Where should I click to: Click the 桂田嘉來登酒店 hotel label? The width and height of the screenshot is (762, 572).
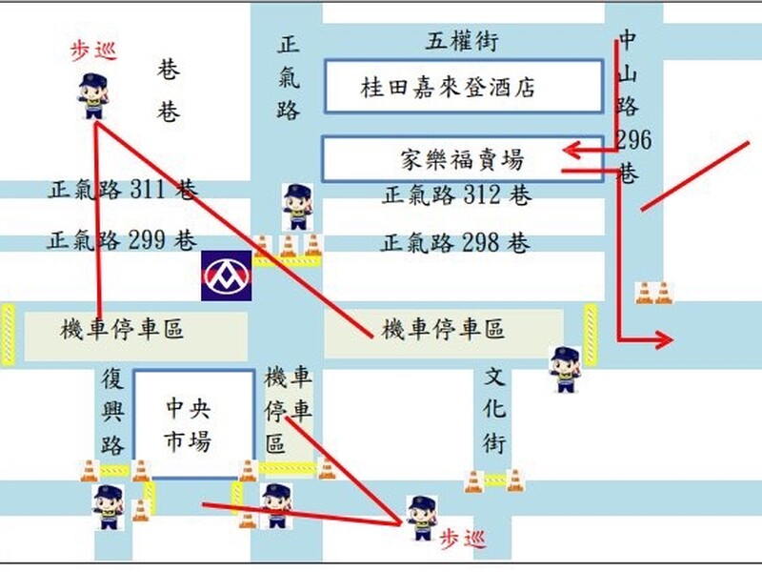tap(448, 88)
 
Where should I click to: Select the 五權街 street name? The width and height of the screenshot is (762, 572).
tap(462, 41)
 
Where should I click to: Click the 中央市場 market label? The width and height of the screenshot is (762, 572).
tap(188, 426)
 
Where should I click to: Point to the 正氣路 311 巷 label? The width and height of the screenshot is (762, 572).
tap(123, 191)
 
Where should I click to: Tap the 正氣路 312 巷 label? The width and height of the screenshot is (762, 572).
tap(456, 196)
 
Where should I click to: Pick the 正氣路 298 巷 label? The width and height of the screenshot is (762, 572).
tap(455, 243)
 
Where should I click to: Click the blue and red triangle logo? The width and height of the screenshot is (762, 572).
tap(227, 276)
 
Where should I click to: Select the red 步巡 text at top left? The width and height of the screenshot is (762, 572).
tap(93, 51)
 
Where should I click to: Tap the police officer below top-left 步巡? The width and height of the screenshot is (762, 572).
tap(92, 96)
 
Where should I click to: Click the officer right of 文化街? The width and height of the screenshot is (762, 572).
tap(565, 369)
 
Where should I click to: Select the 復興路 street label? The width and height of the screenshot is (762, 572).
tap(113, 411)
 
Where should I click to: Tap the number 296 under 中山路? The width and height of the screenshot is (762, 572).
tap(633, 141)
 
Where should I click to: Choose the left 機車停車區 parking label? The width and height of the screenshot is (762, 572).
tap(122, 331)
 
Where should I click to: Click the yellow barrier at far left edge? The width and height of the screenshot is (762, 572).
tap(9, 334)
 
